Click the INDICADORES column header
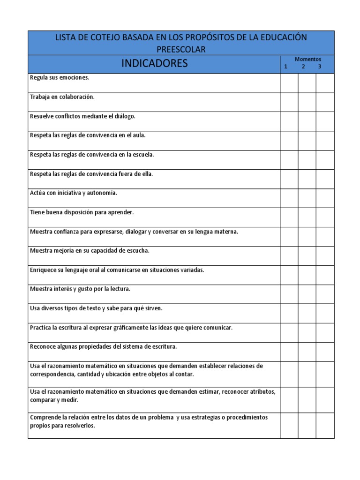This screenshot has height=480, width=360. [154, 63]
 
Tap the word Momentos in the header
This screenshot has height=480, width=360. [307, 60]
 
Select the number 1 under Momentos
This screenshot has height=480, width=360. [286, 67]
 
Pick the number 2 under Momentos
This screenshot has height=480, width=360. [303, 67]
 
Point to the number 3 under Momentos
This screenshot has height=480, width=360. [320, 67]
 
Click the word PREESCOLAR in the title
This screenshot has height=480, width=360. [181, 49]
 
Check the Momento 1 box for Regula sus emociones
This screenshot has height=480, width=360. [289, 83]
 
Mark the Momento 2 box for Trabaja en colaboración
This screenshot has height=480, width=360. [307, 102]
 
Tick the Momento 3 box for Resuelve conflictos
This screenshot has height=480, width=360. [325, 121]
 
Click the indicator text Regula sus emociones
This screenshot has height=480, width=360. [60, 77]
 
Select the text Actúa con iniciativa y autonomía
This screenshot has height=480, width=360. [74, 193]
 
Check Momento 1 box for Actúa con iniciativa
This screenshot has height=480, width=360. [289, 198]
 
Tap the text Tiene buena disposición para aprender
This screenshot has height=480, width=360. [82, 212]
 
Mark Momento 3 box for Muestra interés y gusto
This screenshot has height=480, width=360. [325, 294]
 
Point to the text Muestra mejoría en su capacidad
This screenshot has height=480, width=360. [90, 250]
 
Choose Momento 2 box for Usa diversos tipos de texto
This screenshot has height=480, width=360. [307, 314]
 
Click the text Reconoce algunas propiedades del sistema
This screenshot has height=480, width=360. [103, 346]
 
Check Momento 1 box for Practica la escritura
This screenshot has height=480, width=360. [289, 333]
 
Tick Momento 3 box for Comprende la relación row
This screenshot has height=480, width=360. [325, 426]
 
